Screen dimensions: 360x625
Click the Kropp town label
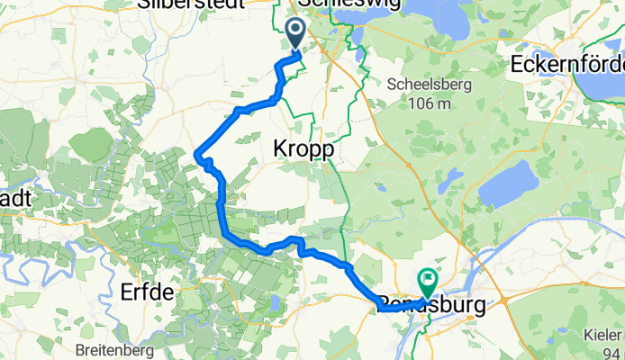(x=302, y=150)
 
